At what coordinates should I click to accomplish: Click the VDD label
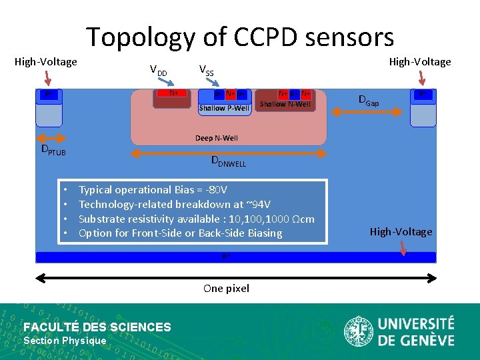pyautogui.click(x=158, y=71)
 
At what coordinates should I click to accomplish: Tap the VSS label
pyautogui.click(x=207, y=69)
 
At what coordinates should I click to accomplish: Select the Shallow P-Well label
pyautogui.click(x=224, y=108)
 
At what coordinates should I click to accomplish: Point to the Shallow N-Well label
pyautogui.click(x=285, y=104)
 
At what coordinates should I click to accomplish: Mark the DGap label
pyautogui.click(x=369, y=101)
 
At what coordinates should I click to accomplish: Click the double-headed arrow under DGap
pyautogui.click(x=368, y=114)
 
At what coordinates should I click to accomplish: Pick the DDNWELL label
pyautogui.click(x=229, y=161)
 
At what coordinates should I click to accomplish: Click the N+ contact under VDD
pyautogui.click(x=173, y=93)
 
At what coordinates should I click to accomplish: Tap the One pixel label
pyautogui.click(x=226, y=288)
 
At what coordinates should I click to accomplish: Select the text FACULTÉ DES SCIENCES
pyautogui.click(x=97, y=327)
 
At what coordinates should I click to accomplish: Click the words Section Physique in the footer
pyautogui.click(x=65, y=341)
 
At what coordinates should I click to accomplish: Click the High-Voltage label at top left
pyautogui.click(x=46, y=62)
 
